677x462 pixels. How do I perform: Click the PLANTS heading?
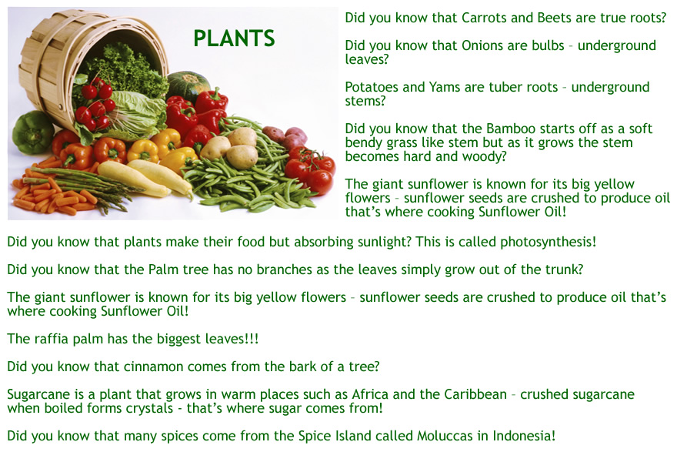234,38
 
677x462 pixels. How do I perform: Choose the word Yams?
445,87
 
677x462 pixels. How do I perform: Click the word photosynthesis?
548,242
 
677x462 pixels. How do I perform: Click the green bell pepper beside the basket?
33,132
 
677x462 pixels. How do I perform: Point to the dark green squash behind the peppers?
188,85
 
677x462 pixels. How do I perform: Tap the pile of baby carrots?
52,196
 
